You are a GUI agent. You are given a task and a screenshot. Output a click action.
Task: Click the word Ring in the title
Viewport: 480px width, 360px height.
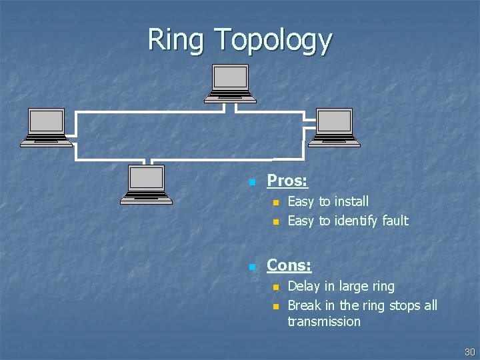coord(175,40)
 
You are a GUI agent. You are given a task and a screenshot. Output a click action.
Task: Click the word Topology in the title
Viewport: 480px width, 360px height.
coord(273,41)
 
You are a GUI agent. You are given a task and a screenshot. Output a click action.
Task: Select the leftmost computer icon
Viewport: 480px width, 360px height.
coord(46,127)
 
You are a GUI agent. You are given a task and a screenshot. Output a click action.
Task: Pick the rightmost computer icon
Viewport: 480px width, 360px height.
coord(333,127)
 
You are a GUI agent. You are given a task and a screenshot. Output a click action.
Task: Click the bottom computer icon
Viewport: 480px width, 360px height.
coord(146,183)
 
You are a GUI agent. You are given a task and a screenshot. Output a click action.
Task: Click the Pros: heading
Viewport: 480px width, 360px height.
coord(287,181)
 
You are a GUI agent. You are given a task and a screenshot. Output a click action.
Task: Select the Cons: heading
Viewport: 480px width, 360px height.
coord(289,265)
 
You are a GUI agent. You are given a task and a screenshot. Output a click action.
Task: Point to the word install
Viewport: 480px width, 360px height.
coord(351,201)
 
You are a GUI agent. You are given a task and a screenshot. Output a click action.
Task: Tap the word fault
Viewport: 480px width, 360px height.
coord(395,221)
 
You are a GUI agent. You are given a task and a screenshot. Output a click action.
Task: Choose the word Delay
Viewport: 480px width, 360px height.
coord(303,287)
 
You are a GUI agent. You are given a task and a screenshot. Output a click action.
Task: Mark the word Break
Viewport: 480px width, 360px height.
coord(304,305)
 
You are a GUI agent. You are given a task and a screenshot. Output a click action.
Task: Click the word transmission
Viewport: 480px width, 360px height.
coord(324,321)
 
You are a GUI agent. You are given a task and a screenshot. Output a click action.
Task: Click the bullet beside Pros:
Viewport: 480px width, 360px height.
coord(252,182)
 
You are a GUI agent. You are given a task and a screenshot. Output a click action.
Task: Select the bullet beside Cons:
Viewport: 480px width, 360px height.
coord(252,267)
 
